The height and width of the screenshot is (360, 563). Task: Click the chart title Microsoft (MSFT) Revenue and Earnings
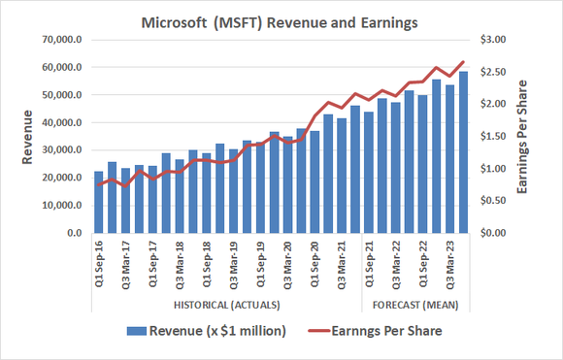tap(282, 19)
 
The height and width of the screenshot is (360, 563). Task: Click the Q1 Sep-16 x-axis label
tap(98, 267)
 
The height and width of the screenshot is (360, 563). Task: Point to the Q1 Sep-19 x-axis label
tap(260, 267)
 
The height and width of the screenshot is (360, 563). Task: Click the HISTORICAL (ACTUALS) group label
tap(225, 308)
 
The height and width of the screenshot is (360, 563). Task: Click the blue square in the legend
tap(139, 332)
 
